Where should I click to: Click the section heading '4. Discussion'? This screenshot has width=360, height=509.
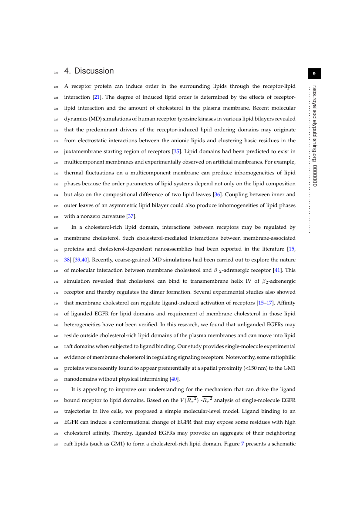[x=89, y=71]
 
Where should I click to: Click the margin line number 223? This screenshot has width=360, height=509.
[x=56, y=72]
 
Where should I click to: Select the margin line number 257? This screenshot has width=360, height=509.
[x=56, y=444]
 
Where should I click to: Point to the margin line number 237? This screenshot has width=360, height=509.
[x=56, y=228]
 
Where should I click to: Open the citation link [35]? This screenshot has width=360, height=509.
[x=176, y=151]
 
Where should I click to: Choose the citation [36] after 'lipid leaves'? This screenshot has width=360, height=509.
[x=218, y=194]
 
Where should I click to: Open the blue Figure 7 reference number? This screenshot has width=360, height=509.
[x=242, y=444]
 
